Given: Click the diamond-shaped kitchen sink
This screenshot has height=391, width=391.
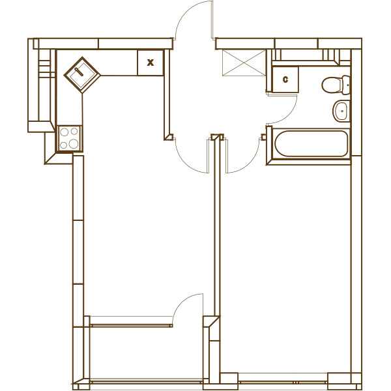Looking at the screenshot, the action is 82,75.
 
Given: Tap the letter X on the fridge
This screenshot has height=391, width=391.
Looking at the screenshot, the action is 151,63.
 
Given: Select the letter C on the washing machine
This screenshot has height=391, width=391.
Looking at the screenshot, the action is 285,80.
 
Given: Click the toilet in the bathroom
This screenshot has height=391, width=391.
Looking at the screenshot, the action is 336,85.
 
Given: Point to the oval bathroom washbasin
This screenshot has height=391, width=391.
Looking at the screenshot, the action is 341,111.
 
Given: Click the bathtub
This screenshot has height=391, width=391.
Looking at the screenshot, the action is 311,143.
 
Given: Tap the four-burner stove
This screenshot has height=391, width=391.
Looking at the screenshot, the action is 70,138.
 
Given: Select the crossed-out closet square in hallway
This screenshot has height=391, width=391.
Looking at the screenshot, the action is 244,63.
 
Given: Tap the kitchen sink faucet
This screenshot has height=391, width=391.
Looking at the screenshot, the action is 80,71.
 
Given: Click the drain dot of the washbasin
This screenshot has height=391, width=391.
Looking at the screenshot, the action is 342,111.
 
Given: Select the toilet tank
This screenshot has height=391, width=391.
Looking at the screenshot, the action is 346,85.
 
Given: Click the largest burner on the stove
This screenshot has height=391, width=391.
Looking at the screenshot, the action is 74,143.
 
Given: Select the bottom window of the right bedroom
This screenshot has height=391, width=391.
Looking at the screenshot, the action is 283,382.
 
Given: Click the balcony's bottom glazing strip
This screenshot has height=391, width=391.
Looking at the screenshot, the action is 147,382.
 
